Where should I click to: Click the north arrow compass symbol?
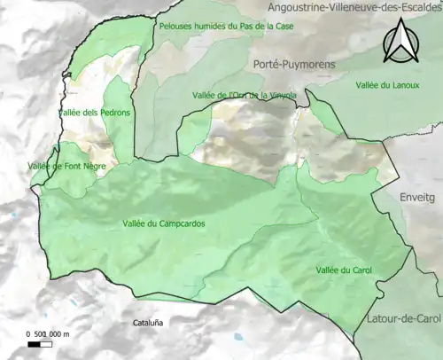400,42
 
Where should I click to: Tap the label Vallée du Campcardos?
164,224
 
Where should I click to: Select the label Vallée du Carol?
344,270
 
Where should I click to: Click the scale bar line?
45,342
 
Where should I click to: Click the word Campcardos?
180,224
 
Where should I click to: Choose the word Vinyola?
278,95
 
